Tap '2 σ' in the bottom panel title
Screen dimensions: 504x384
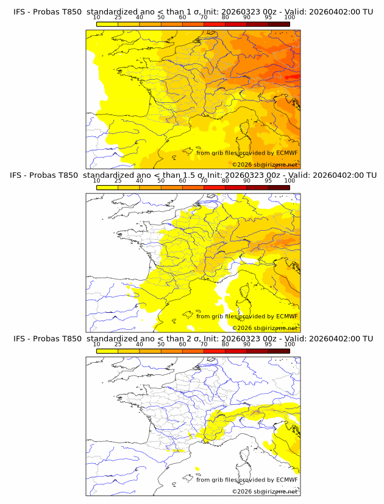[x=198, y=338]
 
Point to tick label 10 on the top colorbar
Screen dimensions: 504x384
[x=96, y=17]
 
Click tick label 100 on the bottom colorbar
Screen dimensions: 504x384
[x=290, y=345]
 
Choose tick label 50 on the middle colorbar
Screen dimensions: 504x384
[x=161, y=181]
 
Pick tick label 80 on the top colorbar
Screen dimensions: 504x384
[x=225, y=17]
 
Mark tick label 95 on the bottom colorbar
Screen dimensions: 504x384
[x=268, y=345]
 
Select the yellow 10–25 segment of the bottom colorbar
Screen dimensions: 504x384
[x=107, y=351]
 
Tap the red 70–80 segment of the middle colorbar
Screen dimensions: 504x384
[x=214, y=187]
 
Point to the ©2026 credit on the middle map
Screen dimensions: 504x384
[x=242, y=329]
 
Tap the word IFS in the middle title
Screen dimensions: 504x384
[x=17, y=175]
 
